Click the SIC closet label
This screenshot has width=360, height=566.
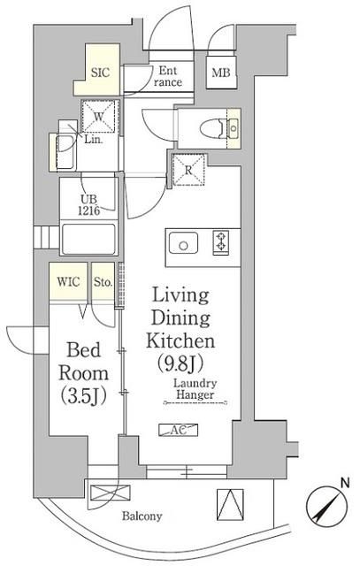[100, 73]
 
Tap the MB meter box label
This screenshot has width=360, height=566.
[220, 73]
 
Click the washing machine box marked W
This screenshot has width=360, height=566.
[98, 117]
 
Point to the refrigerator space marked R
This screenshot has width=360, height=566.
[188, 170]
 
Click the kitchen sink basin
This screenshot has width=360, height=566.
[183, 243]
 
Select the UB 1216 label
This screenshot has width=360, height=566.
[88, 205]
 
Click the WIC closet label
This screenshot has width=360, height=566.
[68, 281]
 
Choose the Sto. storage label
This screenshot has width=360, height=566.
[103, 281]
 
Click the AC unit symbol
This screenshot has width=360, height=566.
[179, 430]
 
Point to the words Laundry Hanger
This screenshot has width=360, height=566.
[195, 389]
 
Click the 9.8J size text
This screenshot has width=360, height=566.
[180, 363]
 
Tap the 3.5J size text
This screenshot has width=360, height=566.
[83, 396]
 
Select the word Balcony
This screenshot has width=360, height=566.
[142, 516]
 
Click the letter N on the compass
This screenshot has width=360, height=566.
[345, 482]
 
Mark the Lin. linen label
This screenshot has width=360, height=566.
[94, 140]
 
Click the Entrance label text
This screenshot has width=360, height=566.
[168, 76]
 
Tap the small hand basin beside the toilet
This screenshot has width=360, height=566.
[234, 128]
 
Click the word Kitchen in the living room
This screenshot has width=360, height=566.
[180, 341]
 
